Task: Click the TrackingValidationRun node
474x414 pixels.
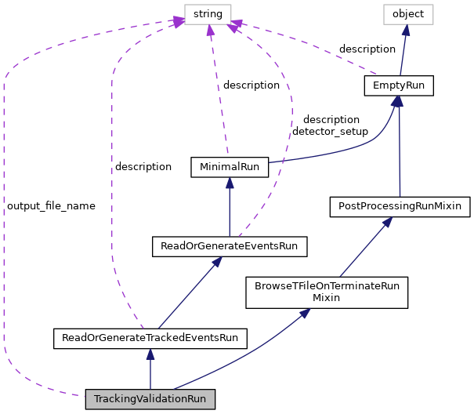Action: pyautogui.click(x=150, y=399)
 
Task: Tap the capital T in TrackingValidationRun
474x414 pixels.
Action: pyautogui.click(x=97, y=399)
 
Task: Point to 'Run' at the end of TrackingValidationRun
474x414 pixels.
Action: pyautogui.click(x=197, y=399)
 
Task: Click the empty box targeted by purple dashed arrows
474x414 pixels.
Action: pyautogui.click(x=208, y=14)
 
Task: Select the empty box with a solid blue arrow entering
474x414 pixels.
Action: pyautogui.click(x=408, y=14)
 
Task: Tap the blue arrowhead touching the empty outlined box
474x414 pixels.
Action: pyautogui.click(x=405, y=31)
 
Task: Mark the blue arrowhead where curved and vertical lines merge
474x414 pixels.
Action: pyautogui.click(x=398, y=101)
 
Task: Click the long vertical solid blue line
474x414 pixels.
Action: pyautogui.click(x=400, y=149)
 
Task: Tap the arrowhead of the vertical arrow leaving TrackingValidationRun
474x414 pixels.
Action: pyautogui.click(x=150, y=354)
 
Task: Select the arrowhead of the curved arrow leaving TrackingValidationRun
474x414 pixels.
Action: pyautogui.click(x=305, y=314)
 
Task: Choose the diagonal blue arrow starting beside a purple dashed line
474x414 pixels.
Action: pyautogui.click(x=188, y=294)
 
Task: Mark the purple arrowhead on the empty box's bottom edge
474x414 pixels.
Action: pyautogui.click(x=210, y=31)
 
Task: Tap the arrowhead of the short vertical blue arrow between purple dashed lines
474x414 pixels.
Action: pyautogui.click(x=230, y=183)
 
